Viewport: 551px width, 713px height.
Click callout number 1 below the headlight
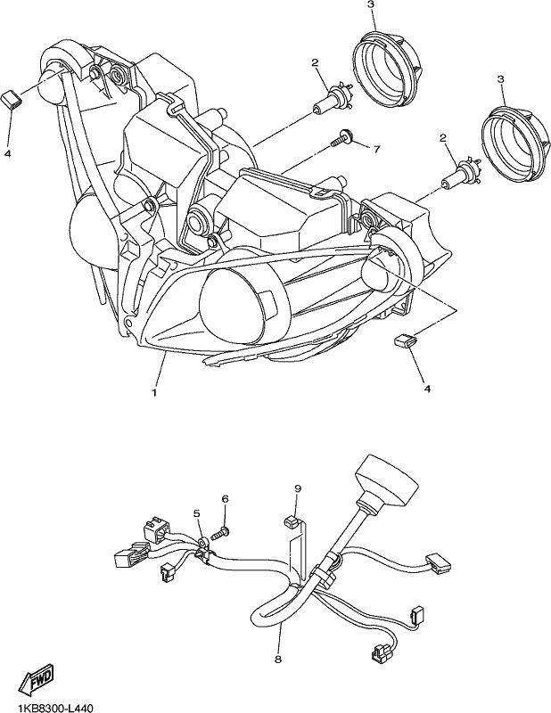155,392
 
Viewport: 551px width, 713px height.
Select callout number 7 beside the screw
376,149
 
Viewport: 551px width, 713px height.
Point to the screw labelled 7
342,138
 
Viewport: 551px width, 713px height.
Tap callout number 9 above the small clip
298,488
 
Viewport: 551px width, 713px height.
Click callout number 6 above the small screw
226,498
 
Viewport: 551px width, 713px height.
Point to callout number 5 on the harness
196,513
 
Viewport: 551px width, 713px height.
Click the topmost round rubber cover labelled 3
390,70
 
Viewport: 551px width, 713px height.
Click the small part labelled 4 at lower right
406,340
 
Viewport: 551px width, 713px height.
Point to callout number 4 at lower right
427,389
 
